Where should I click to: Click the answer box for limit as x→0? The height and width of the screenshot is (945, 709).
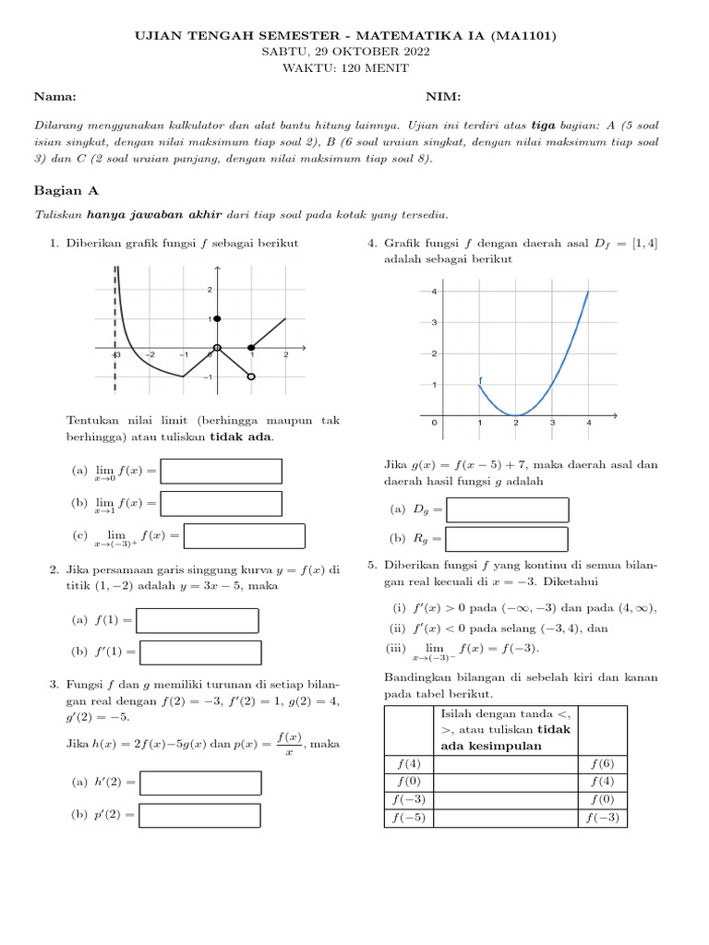(222, 472)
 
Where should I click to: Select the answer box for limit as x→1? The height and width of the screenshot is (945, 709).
(222, 503)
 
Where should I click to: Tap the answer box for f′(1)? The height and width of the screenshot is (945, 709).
(199, 652)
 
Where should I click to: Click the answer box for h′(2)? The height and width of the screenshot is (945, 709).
(200, 783)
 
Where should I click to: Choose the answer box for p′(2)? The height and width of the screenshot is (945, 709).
(200, 816)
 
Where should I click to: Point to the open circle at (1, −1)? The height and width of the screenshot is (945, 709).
(251, 377)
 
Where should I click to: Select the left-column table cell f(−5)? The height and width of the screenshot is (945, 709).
(408, 819)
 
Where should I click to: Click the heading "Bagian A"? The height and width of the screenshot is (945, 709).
(66, 190)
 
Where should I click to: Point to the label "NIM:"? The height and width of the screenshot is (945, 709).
(443, 97)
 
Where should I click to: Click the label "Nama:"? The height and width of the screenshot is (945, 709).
(54, 97)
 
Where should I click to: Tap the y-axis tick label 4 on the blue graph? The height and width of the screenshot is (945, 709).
(434, 292)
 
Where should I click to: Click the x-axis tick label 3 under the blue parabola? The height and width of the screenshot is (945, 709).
(552, 424)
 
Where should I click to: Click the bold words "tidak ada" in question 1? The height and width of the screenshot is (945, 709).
(241, 437)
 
